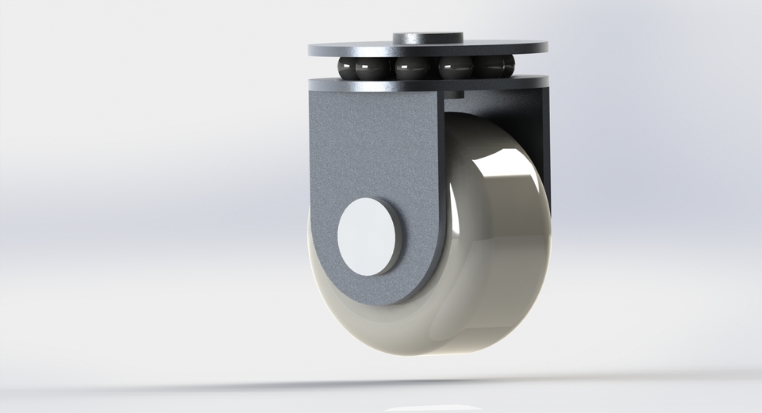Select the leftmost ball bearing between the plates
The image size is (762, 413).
coord(350,68)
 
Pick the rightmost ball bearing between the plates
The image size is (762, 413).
coord(505,67)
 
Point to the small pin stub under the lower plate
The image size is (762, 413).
coord(453,94)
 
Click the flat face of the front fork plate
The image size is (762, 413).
coord(365,151)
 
